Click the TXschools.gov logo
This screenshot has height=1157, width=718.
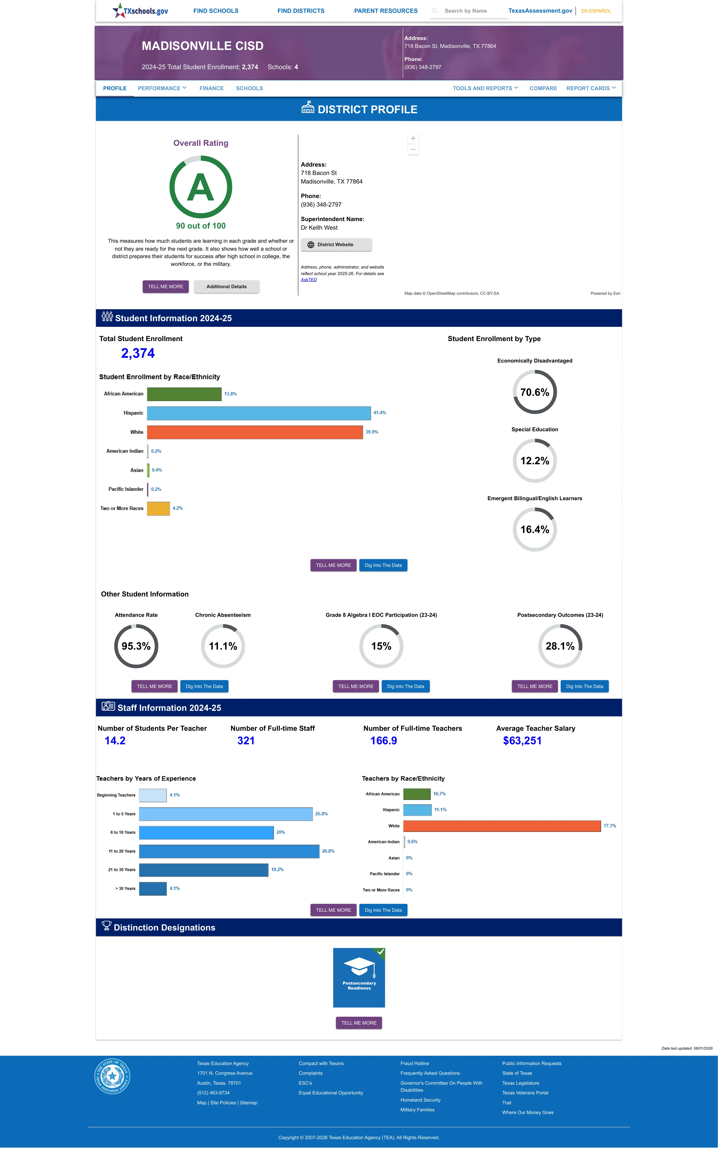point(140,10)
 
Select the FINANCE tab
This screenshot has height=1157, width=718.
point(211,88)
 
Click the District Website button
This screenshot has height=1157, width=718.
point(336,245)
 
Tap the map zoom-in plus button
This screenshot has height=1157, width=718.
point(413,138)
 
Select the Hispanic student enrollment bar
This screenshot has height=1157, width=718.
point(259,413)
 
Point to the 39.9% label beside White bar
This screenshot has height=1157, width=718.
point(372,432)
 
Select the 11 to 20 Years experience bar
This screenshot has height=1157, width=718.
point(229,851)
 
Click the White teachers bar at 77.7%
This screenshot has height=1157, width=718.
point(502,826)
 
